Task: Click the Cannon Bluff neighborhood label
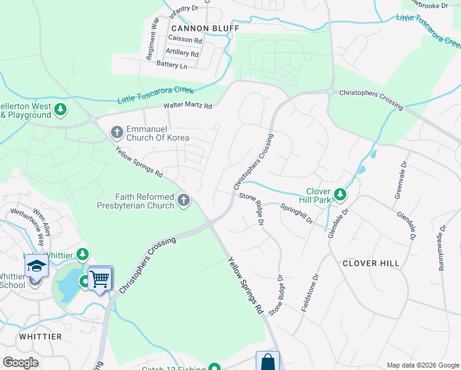click(195, 28)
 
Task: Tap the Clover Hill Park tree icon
click(340, 195)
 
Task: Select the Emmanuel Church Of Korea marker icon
click(116, 131)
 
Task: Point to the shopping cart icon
click(99, 278)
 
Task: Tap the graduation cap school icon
click(36, 266)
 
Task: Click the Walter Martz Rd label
click(187, 106)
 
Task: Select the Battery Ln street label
click(171, 65)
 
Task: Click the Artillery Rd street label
click(182, 53)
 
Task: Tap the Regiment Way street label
click(152, 38)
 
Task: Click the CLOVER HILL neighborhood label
click(371, 263)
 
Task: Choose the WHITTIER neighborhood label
click(41, 337)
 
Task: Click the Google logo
click(20, 363)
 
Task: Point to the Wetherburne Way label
click(30, 226)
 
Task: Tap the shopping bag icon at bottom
click(267, 361)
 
